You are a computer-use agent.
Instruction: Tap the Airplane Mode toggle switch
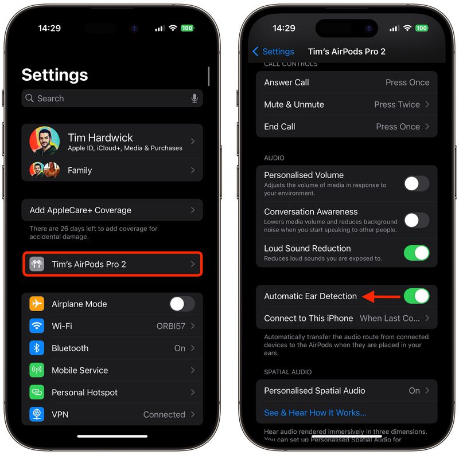(x=182, y=304)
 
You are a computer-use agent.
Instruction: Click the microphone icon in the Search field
(x=195, y=99)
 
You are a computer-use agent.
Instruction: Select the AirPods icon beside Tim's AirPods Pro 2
(x=37, y=264)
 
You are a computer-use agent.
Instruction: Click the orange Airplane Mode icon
(x=37, y=304)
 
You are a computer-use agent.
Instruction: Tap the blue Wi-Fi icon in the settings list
(x=37, y=326)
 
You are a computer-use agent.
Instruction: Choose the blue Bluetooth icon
(x=37, y=348)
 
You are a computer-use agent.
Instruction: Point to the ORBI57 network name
(x=171, y=326)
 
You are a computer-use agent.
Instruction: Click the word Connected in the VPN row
(x=164, y=414)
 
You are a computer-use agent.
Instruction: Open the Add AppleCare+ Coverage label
(x=80, y=210)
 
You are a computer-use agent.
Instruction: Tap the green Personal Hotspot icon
(x=37, y=393)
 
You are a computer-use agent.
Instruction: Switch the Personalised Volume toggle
(x=417, y=183)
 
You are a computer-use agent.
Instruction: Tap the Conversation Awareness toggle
(x=417, y=220)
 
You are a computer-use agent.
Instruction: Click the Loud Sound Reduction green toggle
(x=417, y=253)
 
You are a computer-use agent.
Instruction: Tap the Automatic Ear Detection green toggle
(x=417, y=296)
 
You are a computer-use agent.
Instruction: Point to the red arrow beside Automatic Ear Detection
(x=382, y=296)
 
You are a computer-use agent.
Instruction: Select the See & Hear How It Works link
(x=315, y=413)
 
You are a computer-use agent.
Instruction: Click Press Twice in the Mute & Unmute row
(x=397, y=104)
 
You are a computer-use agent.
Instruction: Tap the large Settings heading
(x=55, y=75)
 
